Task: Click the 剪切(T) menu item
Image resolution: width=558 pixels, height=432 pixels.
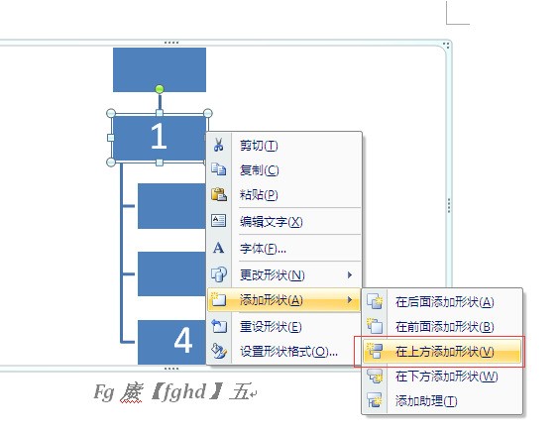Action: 259,146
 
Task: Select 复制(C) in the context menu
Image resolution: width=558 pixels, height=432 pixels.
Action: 259,170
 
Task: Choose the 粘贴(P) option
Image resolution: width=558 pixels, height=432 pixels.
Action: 259,194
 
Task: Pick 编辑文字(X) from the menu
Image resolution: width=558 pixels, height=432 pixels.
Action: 272,222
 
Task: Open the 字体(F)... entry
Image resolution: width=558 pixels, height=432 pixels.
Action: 263,249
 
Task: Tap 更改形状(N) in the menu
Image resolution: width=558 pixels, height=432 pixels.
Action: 273,274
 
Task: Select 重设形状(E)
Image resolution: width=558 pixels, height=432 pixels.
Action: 271,326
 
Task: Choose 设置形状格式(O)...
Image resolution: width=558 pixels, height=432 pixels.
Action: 288,352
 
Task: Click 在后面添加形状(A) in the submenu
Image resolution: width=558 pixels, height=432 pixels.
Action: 444,302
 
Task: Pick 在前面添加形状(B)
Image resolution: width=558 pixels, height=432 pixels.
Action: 444,327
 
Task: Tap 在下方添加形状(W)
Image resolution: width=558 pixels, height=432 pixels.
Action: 446,377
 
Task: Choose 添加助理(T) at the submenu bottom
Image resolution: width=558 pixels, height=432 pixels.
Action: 426,401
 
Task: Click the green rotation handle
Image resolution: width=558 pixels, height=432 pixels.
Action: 160,88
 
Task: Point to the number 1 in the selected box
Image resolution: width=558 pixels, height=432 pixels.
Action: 159,137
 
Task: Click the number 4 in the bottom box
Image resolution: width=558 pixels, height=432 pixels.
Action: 183,341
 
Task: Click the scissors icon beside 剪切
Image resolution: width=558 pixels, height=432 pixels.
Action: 218,145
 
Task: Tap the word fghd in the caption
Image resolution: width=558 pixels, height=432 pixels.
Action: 184,391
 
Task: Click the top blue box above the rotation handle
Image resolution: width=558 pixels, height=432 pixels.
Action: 160,69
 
